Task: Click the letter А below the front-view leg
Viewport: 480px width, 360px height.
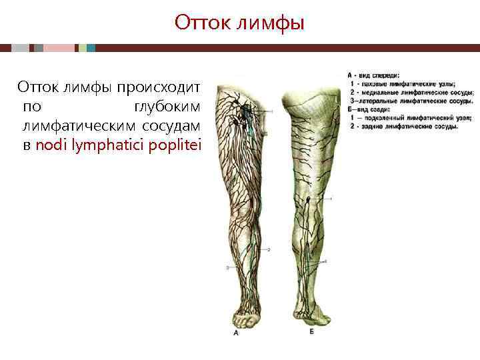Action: click(235, 333)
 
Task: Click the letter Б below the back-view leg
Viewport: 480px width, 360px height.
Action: click(311, 331)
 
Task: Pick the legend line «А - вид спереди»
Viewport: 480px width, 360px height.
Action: click(373, 76)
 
